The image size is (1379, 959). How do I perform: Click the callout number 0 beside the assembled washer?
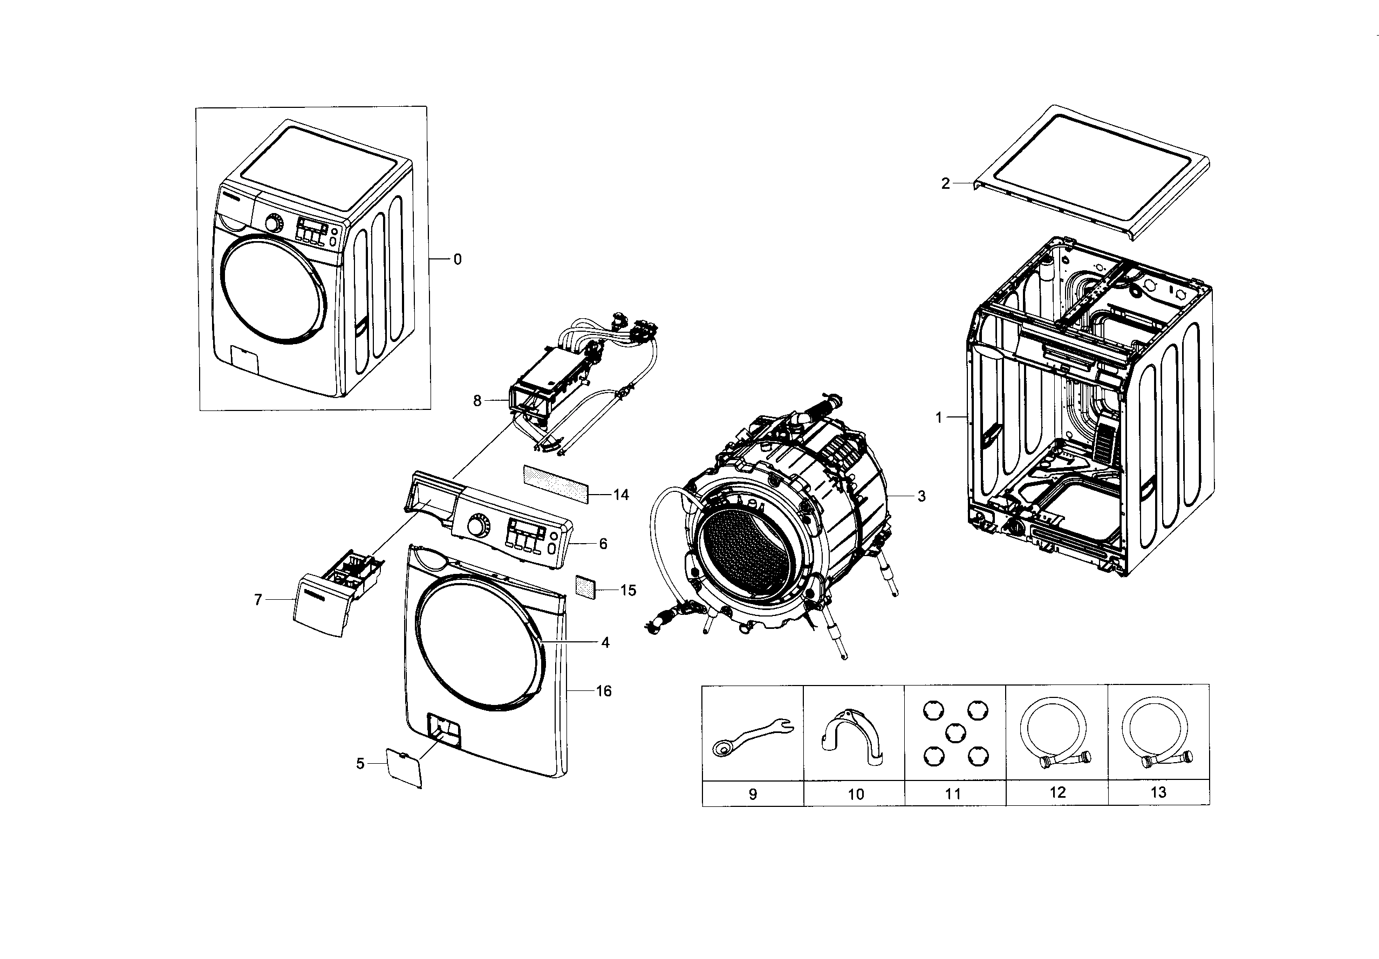click(457, 259)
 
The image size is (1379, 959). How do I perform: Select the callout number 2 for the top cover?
click(945, 184)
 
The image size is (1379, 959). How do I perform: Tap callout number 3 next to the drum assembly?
click(921, 496)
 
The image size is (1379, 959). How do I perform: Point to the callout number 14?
click(621, 494)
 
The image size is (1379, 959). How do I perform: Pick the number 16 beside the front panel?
click(604, 691)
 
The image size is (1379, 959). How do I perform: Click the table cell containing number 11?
click(954, 794)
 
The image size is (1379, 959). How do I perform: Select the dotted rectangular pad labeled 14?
click(555, 483)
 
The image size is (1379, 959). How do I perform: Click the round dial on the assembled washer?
click(274, 224)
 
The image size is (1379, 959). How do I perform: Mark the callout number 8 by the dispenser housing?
click(477, 401)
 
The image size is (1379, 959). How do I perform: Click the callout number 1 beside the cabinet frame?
click(939, 417)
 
